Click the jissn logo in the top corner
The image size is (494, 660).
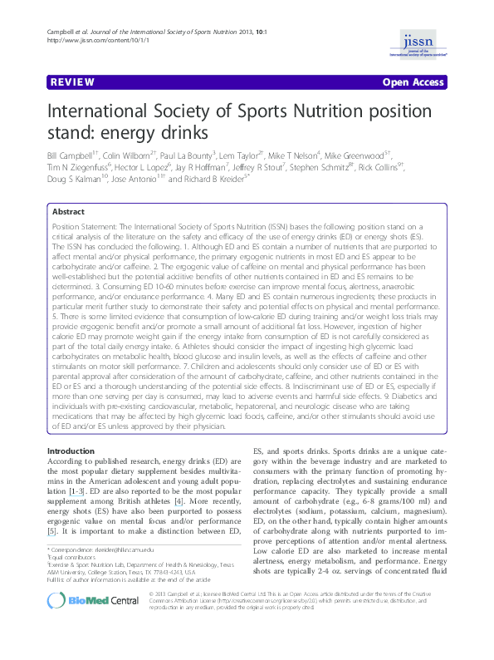[x=425, y=44]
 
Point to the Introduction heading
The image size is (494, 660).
[x=71, y=451]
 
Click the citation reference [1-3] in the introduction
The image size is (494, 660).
[x=75, y=491]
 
